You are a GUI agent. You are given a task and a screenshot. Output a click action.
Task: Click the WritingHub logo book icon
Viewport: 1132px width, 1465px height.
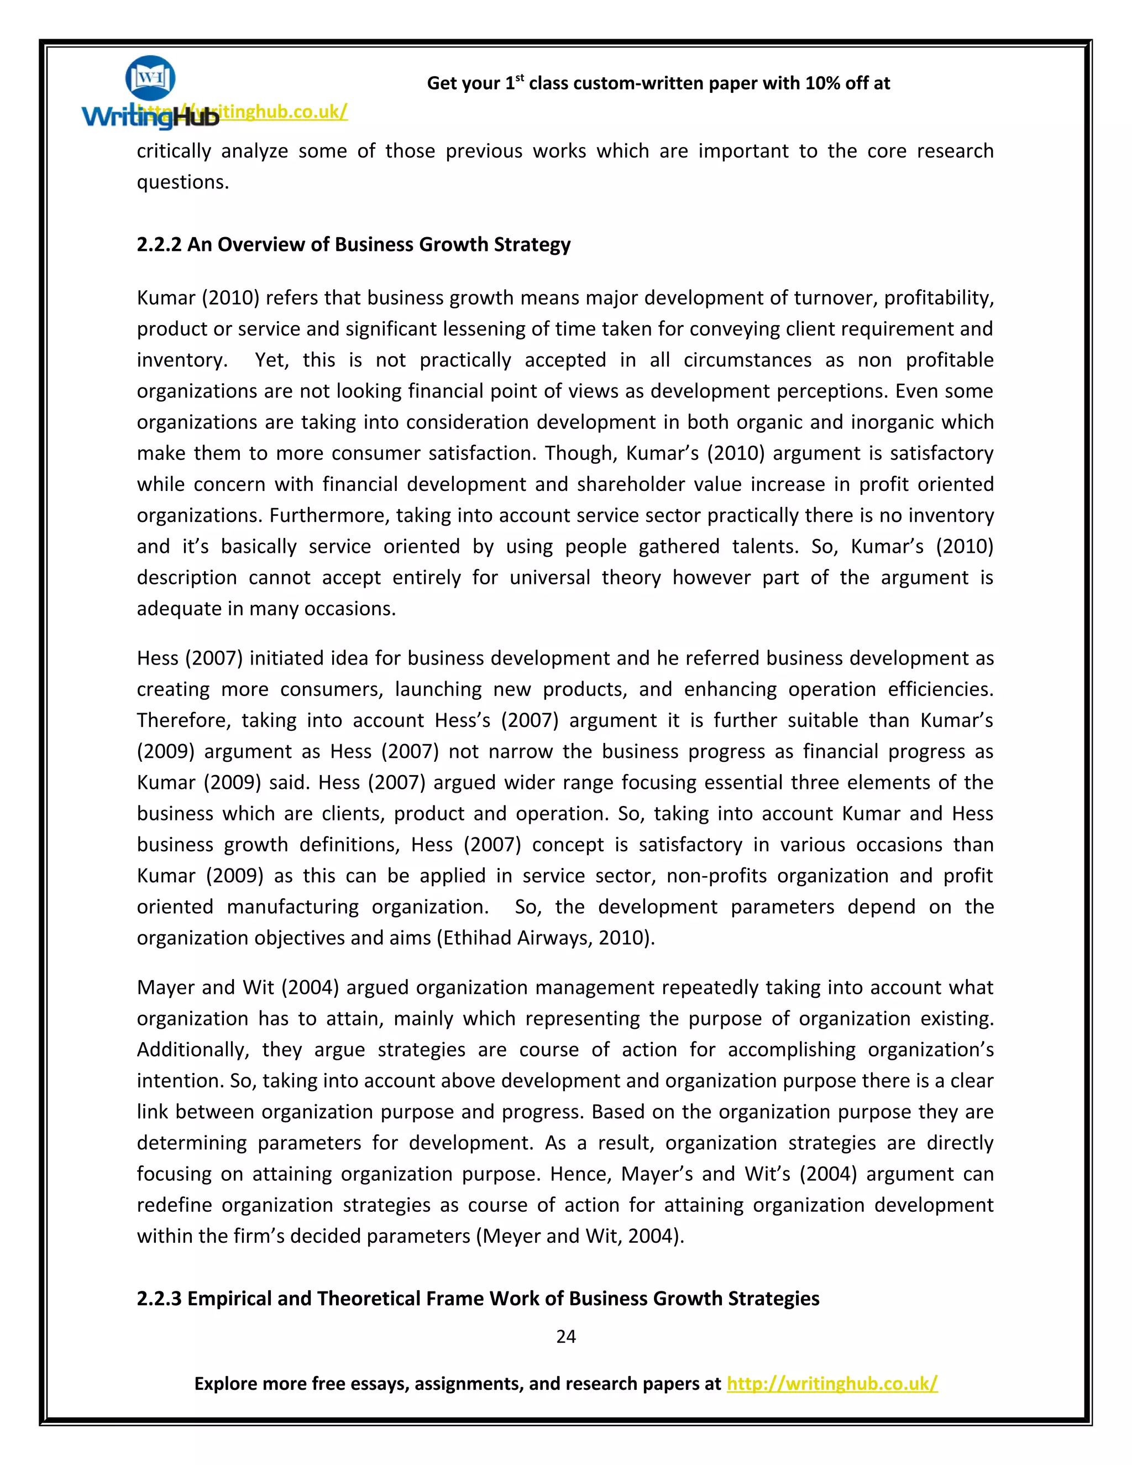click(150, 78)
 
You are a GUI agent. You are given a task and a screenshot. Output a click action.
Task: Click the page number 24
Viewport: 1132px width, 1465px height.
click(565, 1336)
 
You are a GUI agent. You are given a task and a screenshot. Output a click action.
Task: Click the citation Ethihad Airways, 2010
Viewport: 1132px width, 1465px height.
click(545, 937)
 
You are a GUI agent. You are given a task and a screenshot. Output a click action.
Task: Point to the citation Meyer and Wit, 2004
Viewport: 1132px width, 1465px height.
click(579, 1236)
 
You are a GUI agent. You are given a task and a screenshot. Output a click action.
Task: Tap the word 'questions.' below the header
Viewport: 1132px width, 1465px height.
click(182, 182)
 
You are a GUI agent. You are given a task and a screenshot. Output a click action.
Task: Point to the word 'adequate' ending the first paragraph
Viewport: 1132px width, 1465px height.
click(179, 609)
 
